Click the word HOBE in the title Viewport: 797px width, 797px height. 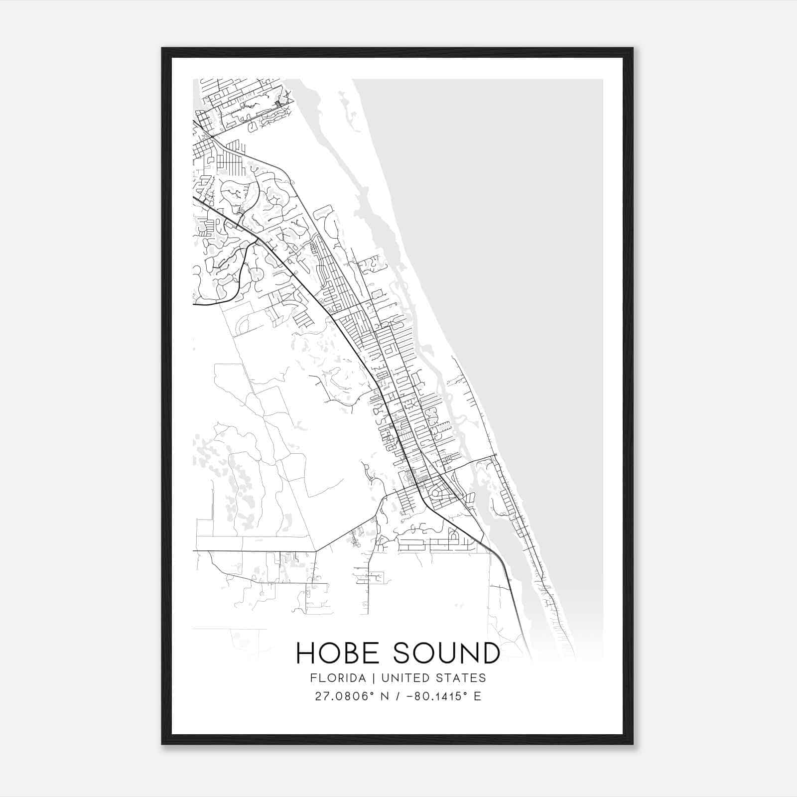pyautogui.click(x=339, y=653)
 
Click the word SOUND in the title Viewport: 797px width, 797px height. pyautogui.click(x=446, y=653)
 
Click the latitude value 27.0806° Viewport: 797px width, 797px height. pyautogui.click(x=344, y=696)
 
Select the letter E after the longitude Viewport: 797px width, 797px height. pyautogui.click(x=477, y=696)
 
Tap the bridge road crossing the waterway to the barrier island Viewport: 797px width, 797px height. pyautogui.click(x=473, y=459)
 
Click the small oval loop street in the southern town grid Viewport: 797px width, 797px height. pyautogui.click(x=438, y=494)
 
